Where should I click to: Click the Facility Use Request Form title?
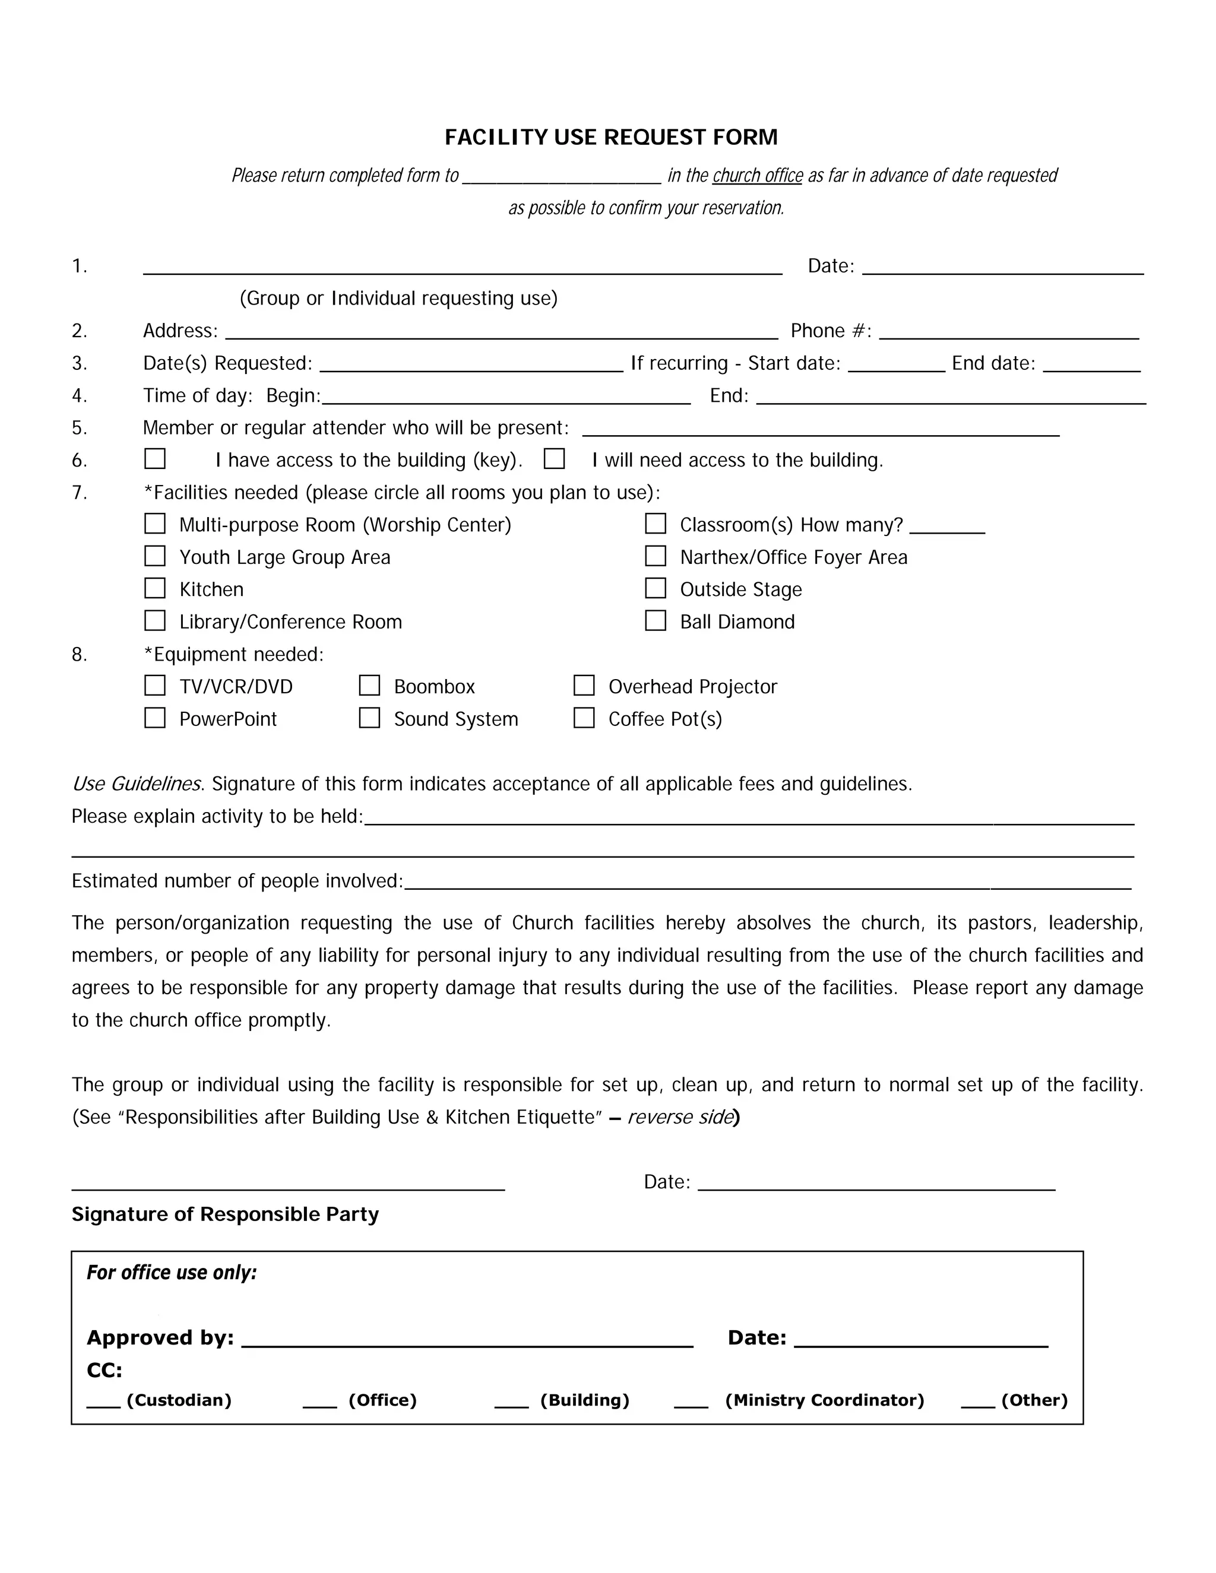(x=611, y=137)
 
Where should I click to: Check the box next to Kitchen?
(x=155, y=588)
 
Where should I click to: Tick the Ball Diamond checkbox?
(x=655, y=621)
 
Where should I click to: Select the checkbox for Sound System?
(x=369, y=718)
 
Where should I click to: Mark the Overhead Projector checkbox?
(x=584, y=686)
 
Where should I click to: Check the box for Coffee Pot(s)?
(x=584, y=718)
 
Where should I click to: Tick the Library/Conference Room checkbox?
(x=155, y=621)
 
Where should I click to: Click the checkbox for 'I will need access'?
(x=554, y=459)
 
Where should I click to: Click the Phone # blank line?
(x=1009, y=331)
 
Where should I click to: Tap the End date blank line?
(x=1091, y=364)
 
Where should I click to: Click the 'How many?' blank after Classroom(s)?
(x=946, y=526)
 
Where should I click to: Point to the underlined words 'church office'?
(x=757, y=176)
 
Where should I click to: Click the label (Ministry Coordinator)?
(x=824, y=1400)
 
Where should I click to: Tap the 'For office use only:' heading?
(x=172, y=1273)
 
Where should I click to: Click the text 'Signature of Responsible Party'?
(x=225, y=1214)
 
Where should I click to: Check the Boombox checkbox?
(x=369, y=686)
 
